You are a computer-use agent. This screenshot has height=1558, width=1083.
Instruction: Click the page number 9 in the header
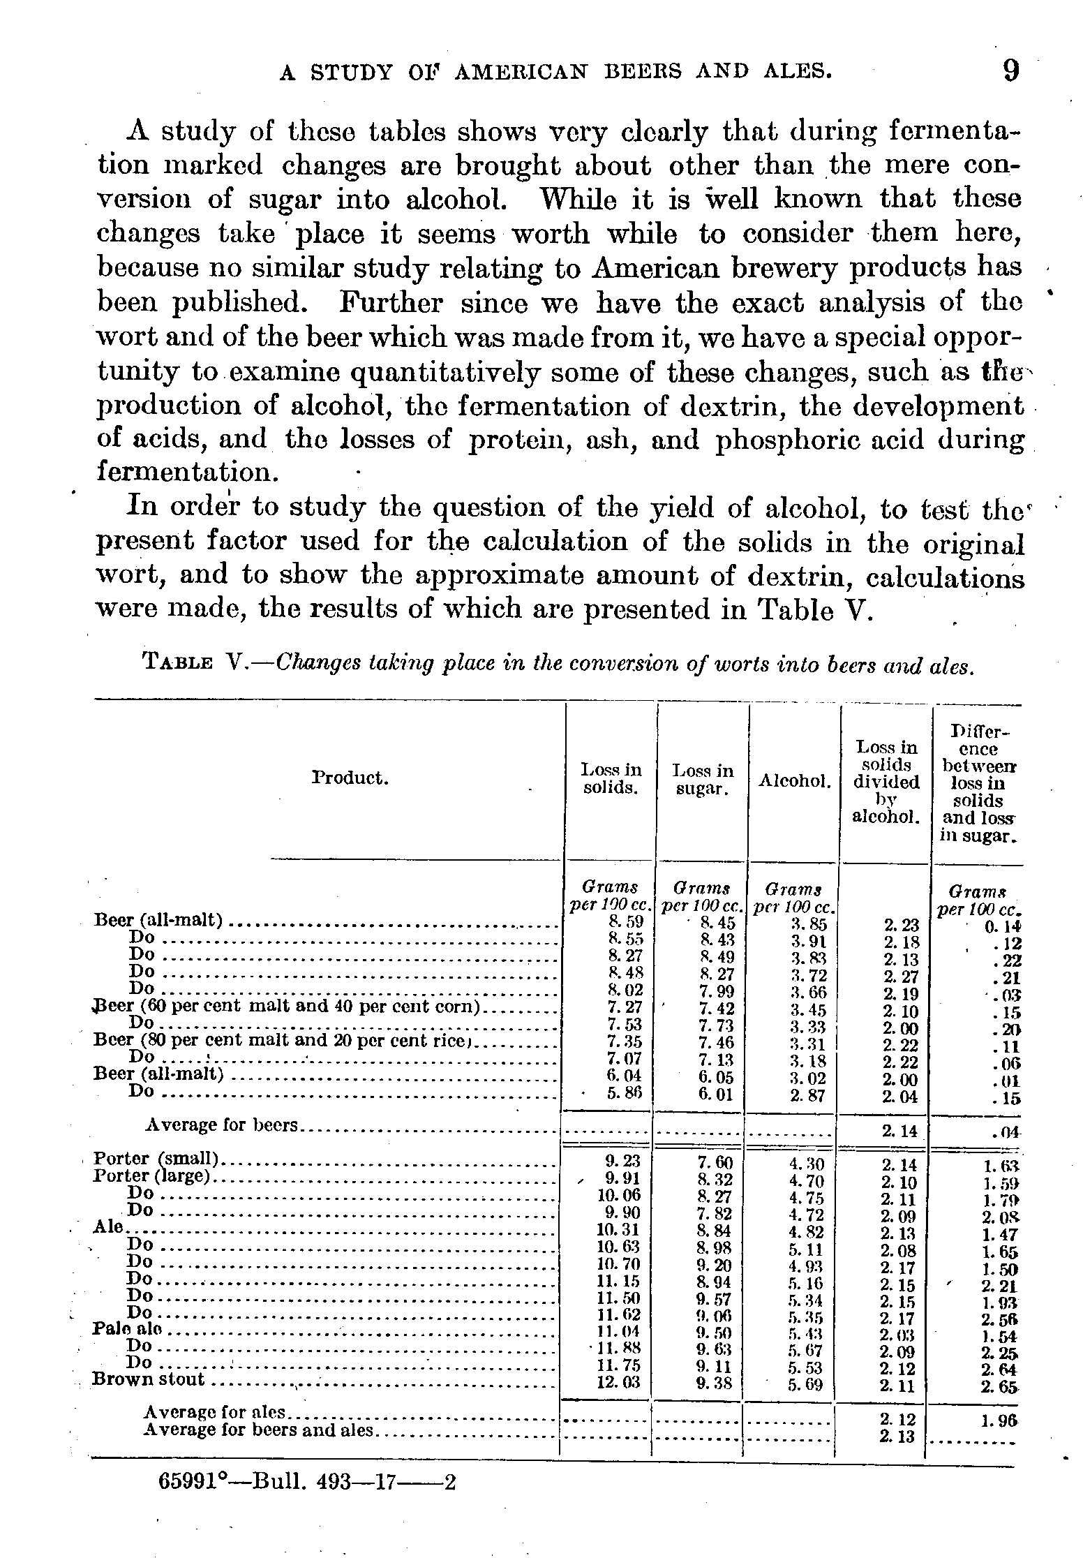coord(1010,71)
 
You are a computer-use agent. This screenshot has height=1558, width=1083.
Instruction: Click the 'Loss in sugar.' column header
coord(703,779)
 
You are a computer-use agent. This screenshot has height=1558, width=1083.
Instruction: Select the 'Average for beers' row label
coord(221,1125)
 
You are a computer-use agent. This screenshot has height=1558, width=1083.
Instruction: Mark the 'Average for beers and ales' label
coord(259,1430)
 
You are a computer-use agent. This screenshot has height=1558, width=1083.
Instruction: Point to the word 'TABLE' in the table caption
coord(177,662)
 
